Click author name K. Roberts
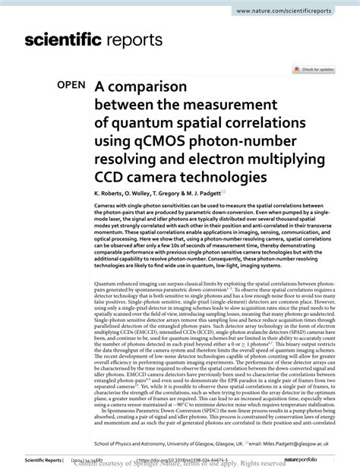[x=112, y=194]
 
